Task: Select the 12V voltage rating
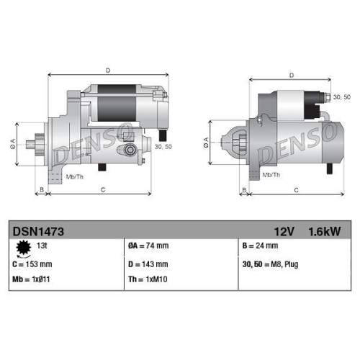[285, 231]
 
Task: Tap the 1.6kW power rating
[324, 231]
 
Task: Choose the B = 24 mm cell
[261, 246]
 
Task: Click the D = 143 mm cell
[152, 264]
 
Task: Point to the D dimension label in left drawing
[108, 71]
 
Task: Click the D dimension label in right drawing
[291, 75]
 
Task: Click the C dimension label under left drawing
[103, 190]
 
